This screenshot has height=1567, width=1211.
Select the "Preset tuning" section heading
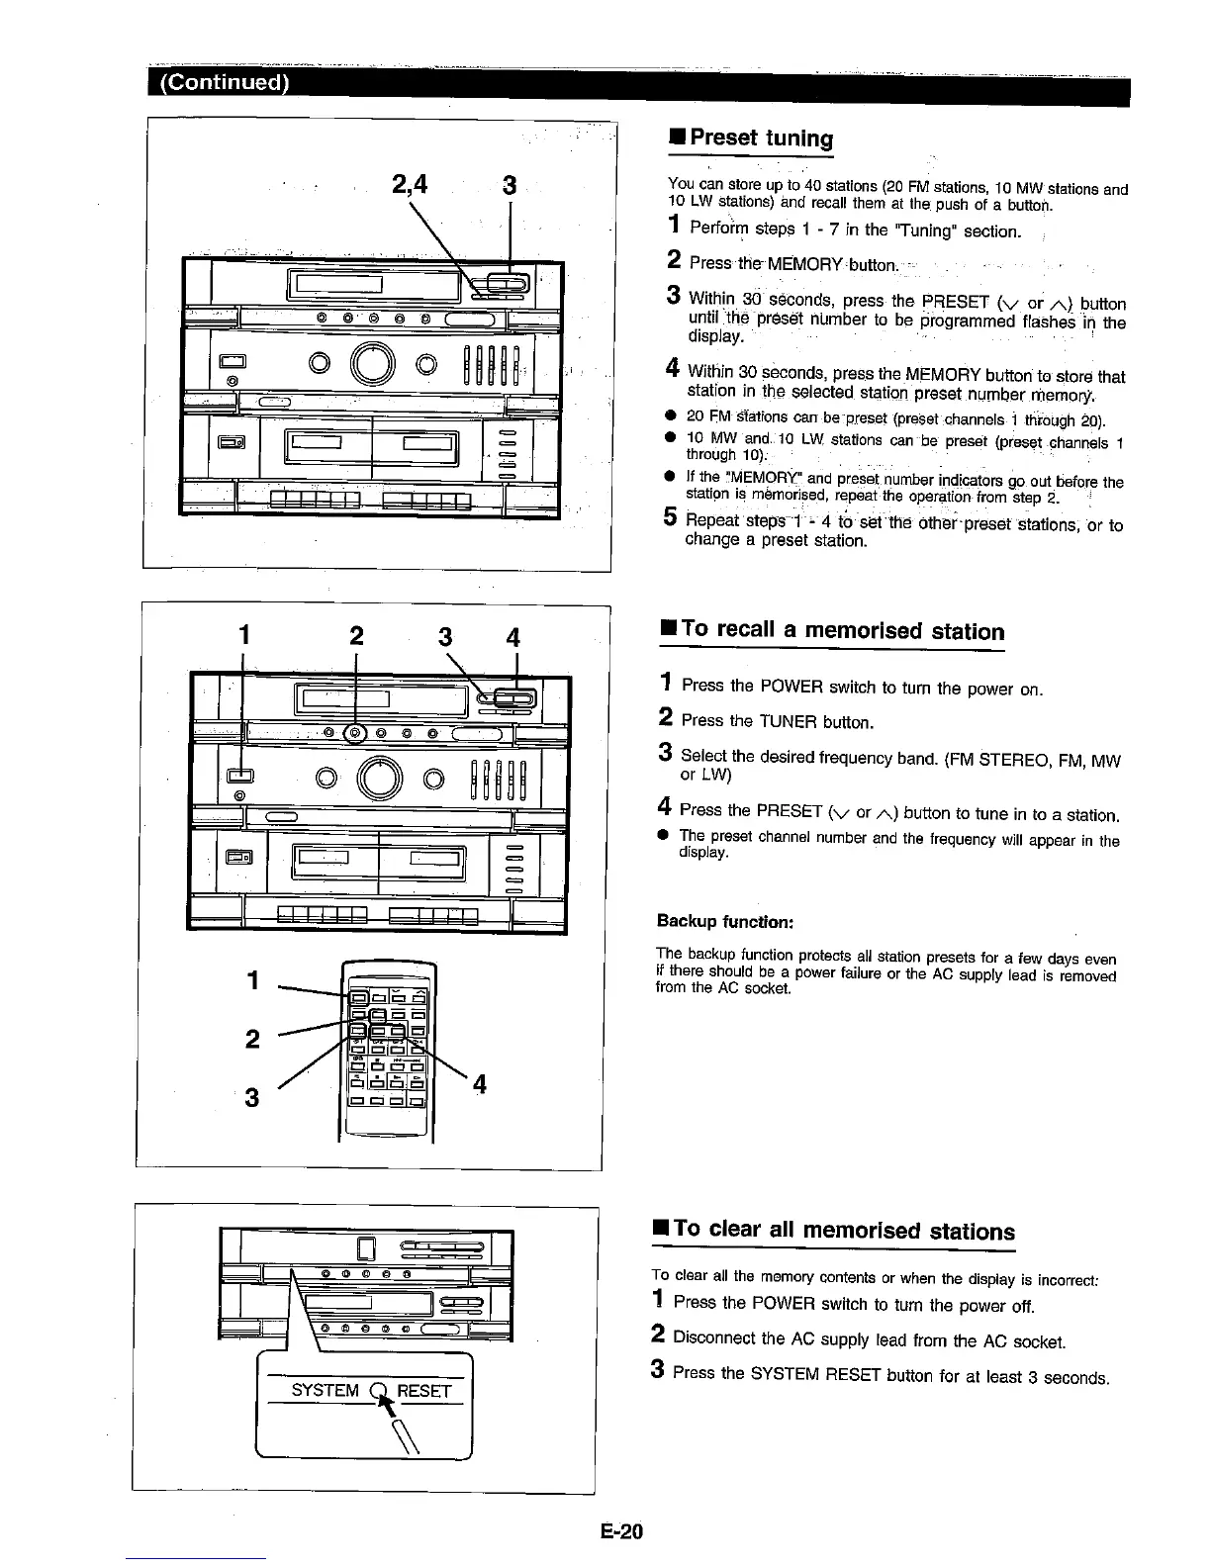pyautogui.click(x=761, y=138)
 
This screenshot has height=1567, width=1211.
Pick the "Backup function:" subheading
pyautogui.click(x=725, y=922)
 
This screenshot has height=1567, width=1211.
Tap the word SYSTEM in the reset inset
pyautogui.click(x=326, y=1391)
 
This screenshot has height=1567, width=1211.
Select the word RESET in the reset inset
pyautogui.click(x=423, y=1391)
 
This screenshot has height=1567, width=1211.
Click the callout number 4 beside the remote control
pyautogui.click(x=479, y=1084)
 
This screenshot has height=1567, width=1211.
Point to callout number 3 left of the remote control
pyautogui.click(x=252, y=1096)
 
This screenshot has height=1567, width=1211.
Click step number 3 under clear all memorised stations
pyautogui.click(x=657, y=1372)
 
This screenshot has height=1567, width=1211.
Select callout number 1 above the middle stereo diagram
pyautogui.click(x=242, y=636)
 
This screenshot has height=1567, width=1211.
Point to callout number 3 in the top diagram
pyautogui.click(x=509, y=185)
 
